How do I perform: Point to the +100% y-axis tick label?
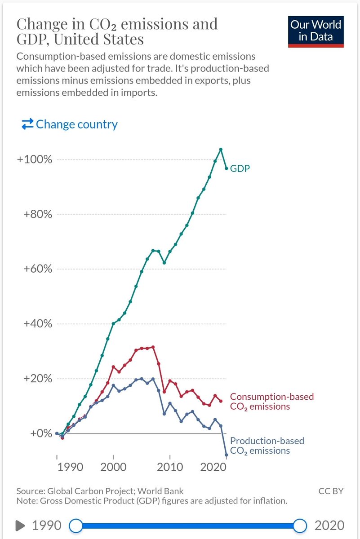click(36, 160)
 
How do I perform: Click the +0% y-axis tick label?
click(40, 433)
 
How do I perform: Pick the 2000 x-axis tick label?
click(113, 466)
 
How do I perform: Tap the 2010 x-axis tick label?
click(170, 466)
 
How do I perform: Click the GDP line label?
click(240, 169)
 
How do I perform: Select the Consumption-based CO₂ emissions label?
click(271, 402)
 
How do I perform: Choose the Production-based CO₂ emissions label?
click(267, 446)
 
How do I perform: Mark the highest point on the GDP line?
click(221, 149)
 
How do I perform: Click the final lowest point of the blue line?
click(226, 455)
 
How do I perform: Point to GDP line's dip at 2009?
click(164, 262)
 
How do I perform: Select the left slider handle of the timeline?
click(76, 525)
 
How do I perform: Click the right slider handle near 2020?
click(299, 525)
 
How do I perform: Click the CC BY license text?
click(331, 491)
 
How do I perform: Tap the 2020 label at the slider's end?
click(329, 525)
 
